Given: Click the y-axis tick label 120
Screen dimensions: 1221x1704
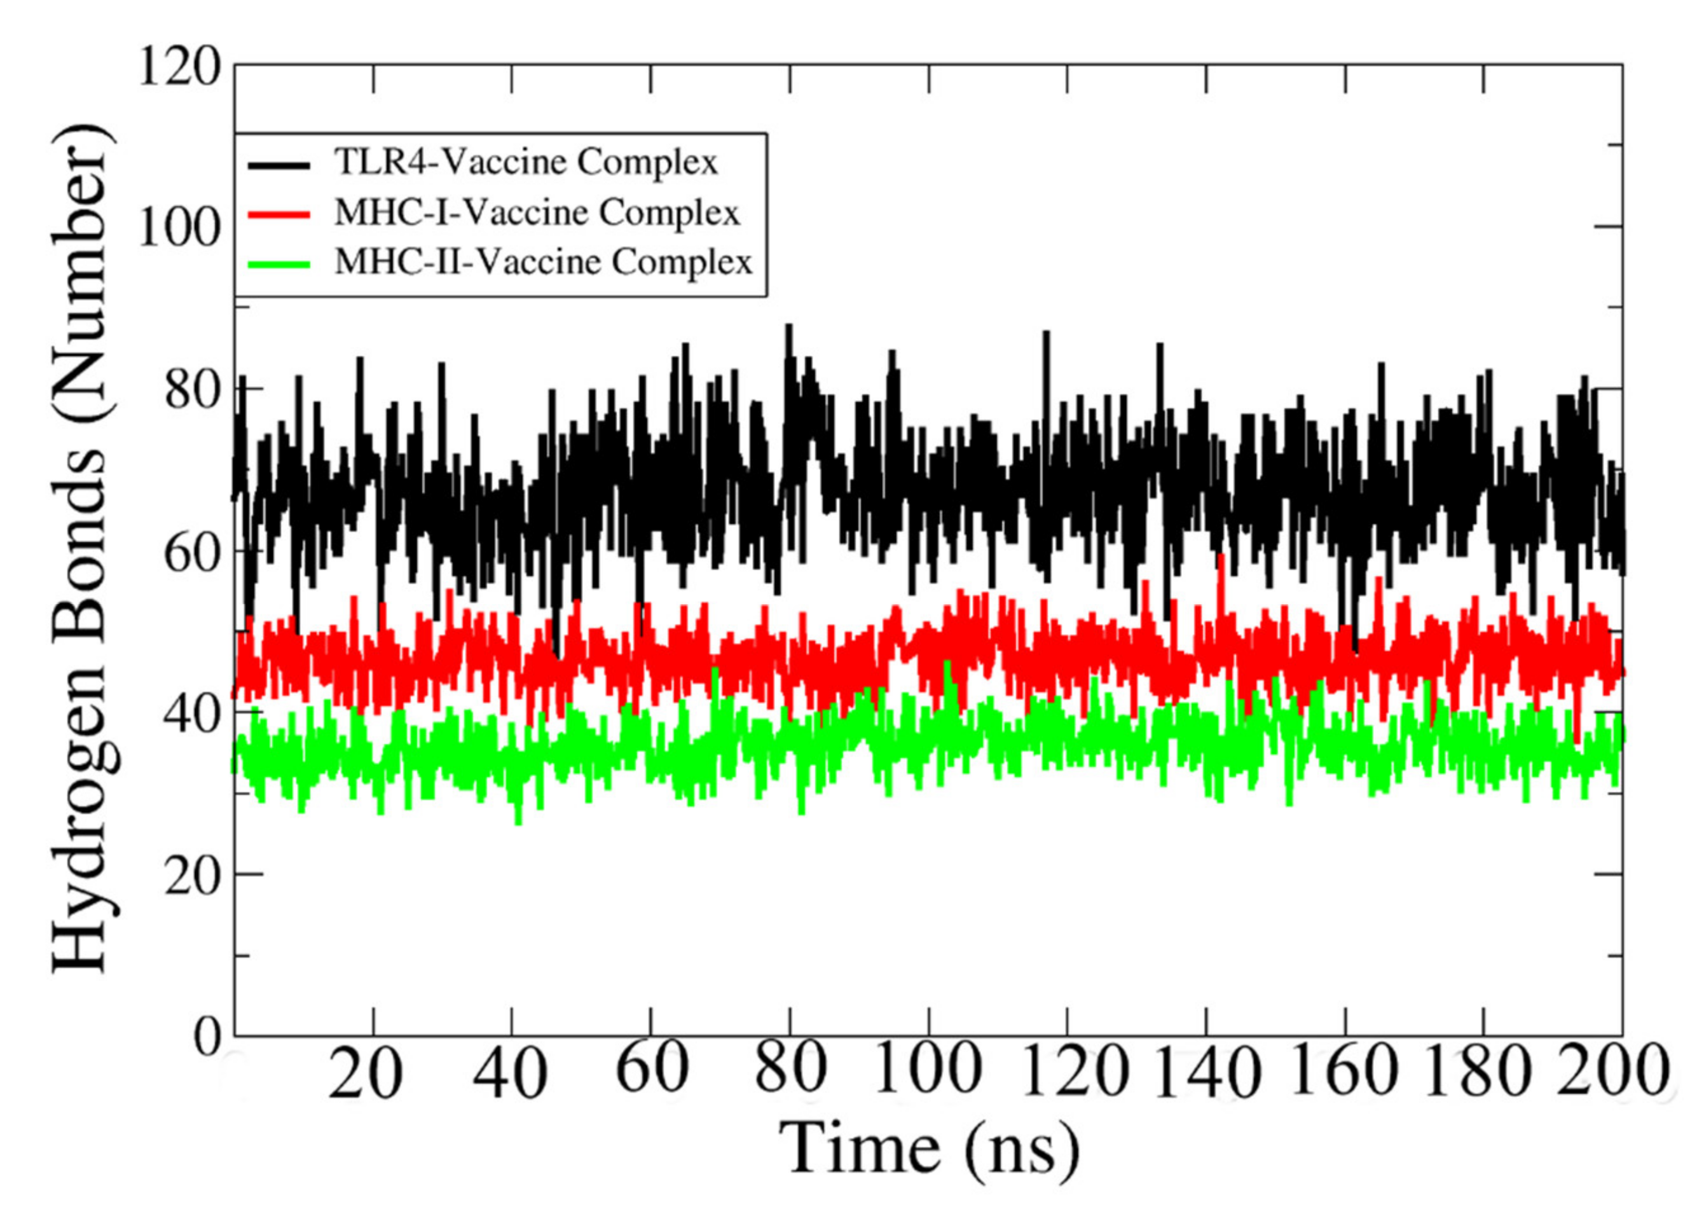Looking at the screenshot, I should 179,70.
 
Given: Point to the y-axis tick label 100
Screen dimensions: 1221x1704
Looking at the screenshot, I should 179,228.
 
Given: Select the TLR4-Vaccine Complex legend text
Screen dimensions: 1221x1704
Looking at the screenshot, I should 526,162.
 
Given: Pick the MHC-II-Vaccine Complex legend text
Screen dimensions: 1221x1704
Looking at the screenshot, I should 543,262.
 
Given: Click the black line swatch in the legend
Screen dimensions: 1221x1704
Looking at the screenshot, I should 278,165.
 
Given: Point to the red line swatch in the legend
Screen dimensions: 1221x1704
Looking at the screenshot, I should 278,214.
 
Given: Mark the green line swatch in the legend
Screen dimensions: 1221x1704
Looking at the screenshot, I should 278,264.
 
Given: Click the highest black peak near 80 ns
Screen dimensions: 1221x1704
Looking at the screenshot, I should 788,326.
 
